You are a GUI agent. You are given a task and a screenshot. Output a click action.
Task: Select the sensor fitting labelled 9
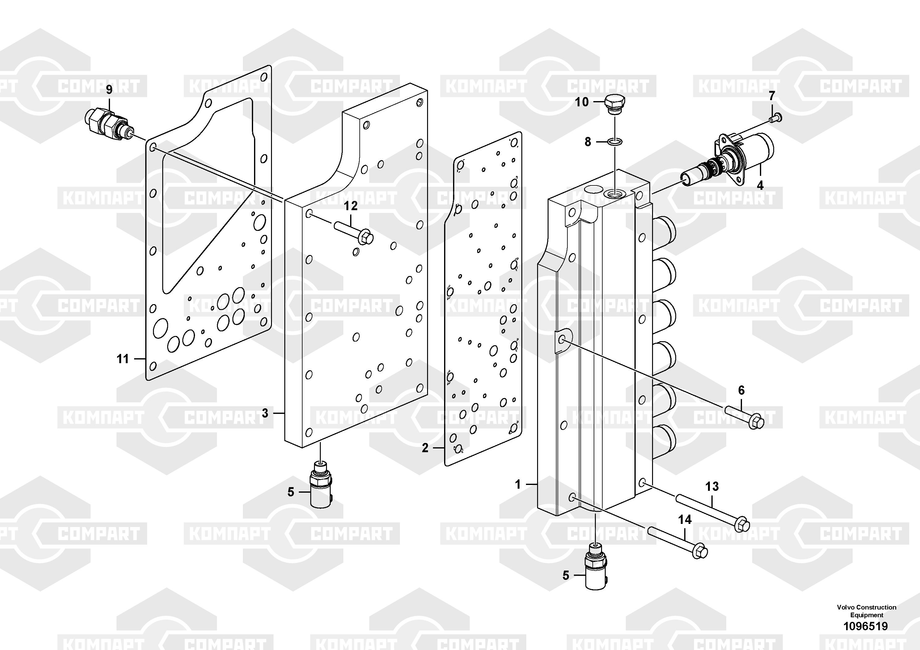pyautogui.click(x=109, y=122)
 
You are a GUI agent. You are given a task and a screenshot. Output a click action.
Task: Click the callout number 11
pyautogui.click(x=123, y=359)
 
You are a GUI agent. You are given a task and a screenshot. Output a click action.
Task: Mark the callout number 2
pyautogui.click(x=425, y=448)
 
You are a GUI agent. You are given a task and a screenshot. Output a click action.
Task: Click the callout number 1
pyautogui.click(x=518, y=485)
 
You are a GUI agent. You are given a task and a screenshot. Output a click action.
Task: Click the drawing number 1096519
pyautogui.click(x=866, y=626)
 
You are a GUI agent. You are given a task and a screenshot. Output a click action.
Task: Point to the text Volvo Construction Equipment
pyautogui.click(x=866, y=611)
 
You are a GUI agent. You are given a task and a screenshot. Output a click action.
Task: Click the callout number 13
pyautogui.click(x=712, y=486)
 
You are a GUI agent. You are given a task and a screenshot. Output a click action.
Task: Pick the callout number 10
pyautogui.click(x=582, y=102)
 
